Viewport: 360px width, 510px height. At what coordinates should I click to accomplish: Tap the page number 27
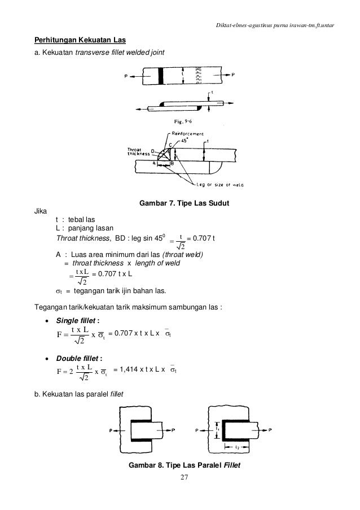point(180,478)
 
